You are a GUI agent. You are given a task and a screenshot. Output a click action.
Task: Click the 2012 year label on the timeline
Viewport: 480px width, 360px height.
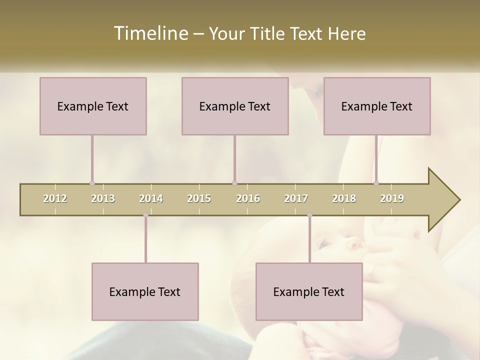(x=55, y=198)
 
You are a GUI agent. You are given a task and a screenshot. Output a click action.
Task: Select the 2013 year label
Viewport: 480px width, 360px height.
(x=103, y=198)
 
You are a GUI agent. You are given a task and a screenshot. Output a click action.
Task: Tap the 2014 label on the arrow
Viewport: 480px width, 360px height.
(x=151, y=198)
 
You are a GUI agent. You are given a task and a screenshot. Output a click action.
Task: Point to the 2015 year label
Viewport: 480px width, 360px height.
(x=199, y=198)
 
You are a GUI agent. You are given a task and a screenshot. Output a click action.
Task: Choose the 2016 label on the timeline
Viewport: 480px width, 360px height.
(x=248, y=198)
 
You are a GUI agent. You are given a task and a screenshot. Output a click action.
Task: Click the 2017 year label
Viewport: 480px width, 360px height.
(x=296, y=198)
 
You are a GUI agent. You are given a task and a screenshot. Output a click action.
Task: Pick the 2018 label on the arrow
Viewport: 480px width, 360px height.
(x=344, y=198)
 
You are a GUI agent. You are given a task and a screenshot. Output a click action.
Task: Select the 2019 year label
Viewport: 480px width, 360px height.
(x=392, y=198)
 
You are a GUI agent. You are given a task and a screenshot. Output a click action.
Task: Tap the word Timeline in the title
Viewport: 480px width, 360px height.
(x=150, y=33)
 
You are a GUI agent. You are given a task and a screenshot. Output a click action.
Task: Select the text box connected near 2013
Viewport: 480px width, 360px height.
(x=93, y=106)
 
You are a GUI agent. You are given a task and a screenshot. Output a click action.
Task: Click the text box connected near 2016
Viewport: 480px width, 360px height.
(x=235, y=106)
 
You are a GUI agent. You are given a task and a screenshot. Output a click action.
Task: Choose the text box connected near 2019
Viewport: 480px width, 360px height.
(x=377, y=106)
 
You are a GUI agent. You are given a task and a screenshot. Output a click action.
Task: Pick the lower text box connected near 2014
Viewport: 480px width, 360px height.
(x=145, y=291)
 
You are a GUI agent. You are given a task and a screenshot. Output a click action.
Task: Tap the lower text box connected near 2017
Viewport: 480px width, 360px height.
(x=309, y=291)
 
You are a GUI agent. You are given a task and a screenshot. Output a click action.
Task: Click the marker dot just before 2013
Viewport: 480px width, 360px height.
(x=92, y=183)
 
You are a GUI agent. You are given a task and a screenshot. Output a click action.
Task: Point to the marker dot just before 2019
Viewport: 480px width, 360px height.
(x=376, y=183)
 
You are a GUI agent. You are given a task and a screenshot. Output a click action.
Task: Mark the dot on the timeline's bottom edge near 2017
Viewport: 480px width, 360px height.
(x=309, y=215)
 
